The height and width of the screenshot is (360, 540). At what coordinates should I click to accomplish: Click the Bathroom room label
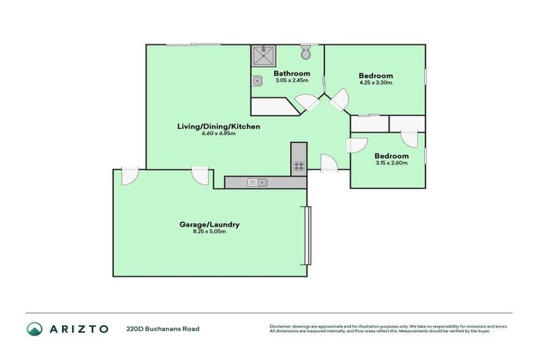[292, 73]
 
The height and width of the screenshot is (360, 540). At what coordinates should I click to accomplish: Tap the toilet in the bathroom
[306, 53]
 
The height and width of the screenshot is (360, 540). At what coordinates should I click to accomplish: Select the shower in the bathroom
[264, 56]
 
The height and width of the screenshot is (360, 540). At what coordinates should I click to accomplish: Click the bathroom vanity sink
[258, 81]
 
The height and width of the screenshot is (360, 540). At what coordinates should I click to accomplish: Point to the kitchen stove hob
[299, 167]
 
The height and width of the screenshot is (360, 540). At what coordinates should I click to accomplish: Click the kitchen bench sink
[257, 183]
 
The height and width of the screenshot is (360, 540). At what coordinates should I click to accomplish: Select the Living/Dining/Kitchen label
[219, 127]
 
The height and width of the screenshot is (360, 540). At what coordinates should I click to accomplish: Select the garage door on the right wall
[306, 235]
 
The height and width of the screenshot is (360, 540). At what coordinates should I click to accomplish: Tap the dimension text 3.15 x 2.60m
[391, 163]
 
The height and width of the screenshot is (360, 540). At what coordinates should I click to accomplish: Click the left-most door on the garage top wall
[130, 176]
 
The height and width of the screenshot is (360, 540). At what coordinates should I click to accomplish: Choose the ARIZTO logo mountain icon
[34, 328]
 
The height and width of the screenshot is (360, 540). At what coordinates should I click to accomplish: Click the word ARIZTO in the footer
[78, 328]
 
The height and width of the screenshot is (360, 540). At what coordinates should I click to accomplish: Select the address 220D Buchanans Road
[162, 328]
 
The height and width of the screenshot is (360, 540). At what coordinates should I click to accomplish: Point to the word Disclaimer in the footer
[283, 326]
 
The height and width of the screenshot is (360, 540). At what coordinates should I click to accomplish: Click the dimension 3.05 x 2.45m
[292, 80]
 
